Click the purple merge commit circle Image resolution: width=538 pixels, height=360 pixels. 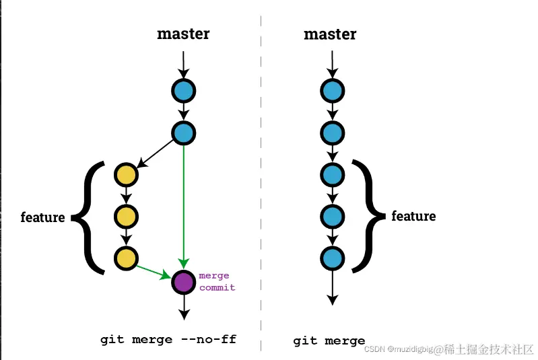point(183,282)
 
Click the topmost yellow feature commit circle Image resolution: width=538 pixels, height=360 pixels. point(126,175)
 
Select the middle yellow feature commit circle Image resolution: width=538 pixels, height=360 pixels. point(126,217)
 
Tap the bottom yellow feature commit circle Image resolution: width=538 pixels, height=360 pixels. point(126,258)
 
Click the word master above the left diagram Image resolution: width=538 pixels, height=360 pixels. point(183,34)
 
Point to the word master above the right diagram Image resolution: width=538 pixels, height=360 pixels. point(330,34)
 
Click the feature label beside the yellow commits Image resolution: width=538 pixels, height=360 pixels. point(42,217)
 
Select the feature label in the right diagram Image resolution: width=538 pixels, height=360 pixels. point(413,216)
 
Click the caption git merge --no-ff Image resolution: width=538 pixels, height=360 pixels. point(168,339)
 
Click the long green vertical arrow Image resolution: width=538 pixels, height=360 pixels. point(184,202)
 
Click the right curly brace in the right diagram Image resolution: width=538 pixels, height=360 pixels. point(369,216)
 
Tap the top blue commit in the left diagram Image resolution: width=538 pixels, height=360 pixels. point(183,91)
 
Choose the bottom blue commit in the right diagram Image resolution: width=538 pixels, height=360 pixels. point(332,258)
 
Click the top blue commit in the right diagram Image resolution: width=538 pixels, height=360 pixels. point(332,91)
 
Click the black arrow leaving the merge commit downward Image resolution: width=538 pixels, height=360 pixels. point(184,308)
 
